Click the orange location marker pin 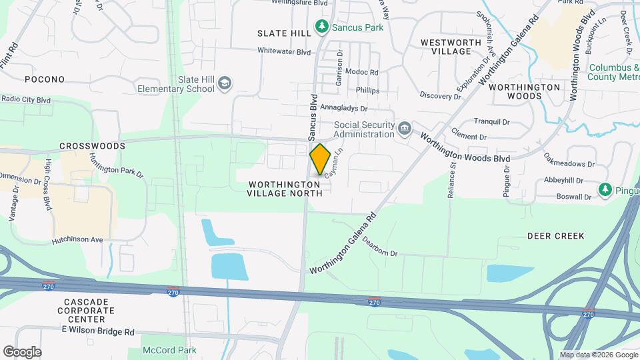pos(320,159)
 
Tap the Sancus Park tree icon pos(323,27)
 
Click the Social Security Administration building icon pos(404,128)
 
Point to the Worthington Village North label pos(285,188)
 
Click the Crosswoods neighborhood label pos(92,145)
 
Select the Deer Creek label pos(555,236)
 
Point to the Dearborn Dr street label pos(380,247)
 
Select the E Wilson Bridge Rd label pos(98,331)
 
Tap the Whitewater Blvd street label pos(285,51)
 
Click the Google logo pos(22,351)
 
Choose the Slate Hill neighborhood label pos(284,33)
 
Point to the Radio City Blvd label pos(26,99)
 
